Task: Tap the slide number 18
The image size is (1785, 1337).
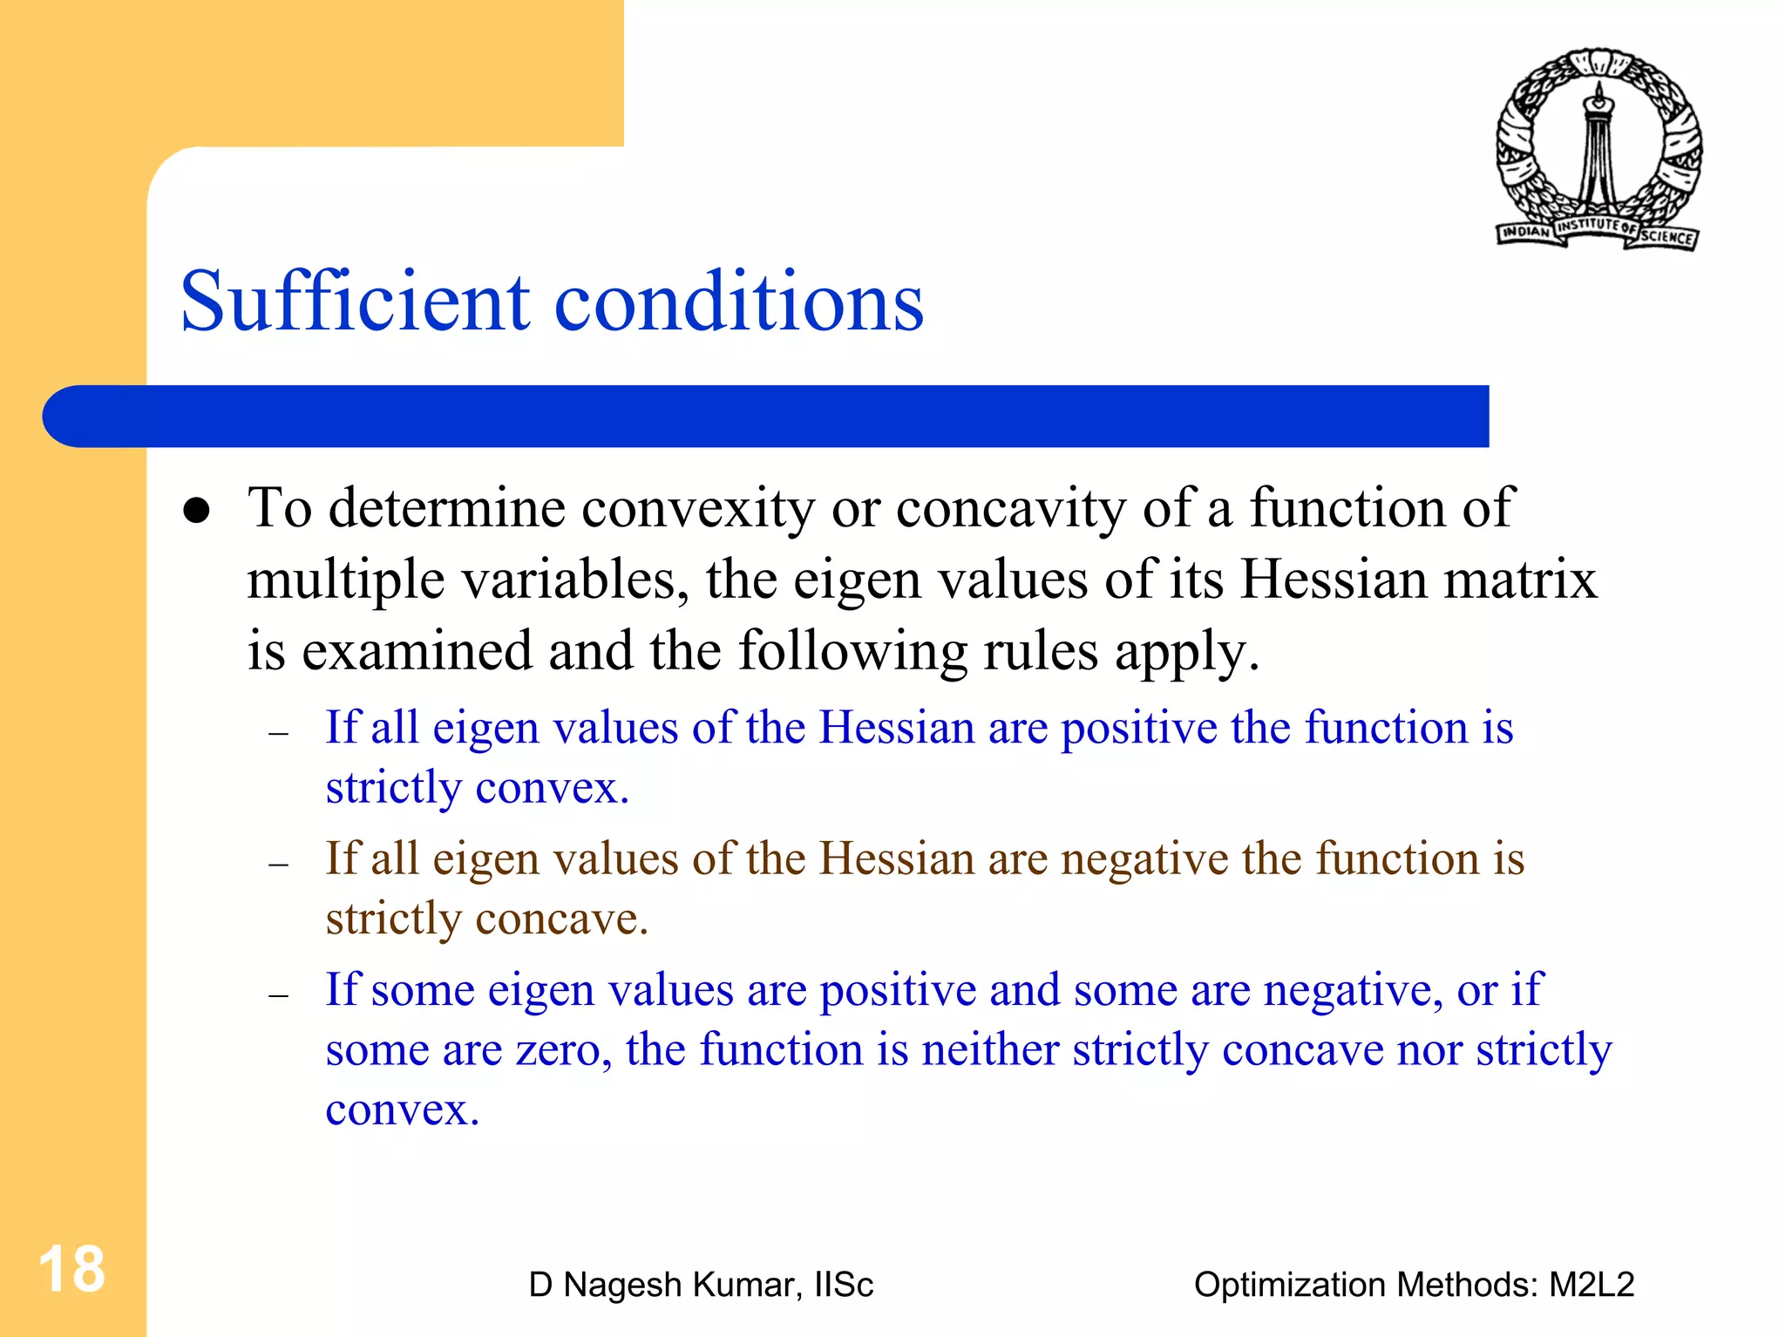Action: click(71, 1269)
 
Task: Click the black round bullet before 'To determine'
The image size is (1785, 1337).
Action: click(197, 511)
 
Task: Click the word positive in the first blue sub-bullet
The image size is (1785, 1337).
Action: click(1138, 729)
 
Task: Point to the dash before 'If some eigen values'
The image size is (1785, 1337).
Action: click(279, 995)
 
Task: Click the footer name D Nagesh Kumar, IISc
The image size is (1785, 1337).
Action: click(701, 1285)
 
